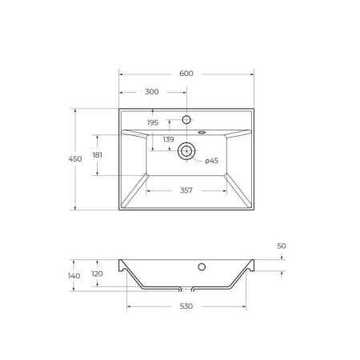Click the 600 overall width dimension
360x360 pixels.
(x=186, y=74)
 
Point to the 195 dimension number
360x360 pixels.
(x=154, y=122)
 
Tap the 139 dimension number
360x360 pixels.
(x=169, y=140)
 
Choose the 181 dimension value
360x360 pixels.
(x=98, y=154)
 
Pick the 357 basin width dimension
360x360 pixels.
(x=187, y=190)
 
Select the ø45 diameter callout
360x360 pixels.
(x=212, y=161)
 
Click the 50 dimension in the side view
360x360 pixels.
(x=282, y=246)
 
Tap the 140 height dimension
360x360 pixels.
(x=74, y=276)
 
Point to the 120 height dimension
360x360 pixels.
(x=98, y=273)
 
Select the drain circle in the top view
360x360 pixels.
(x=187, y=150)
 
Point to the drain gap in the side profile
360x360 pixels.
(x=187, y=288)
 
